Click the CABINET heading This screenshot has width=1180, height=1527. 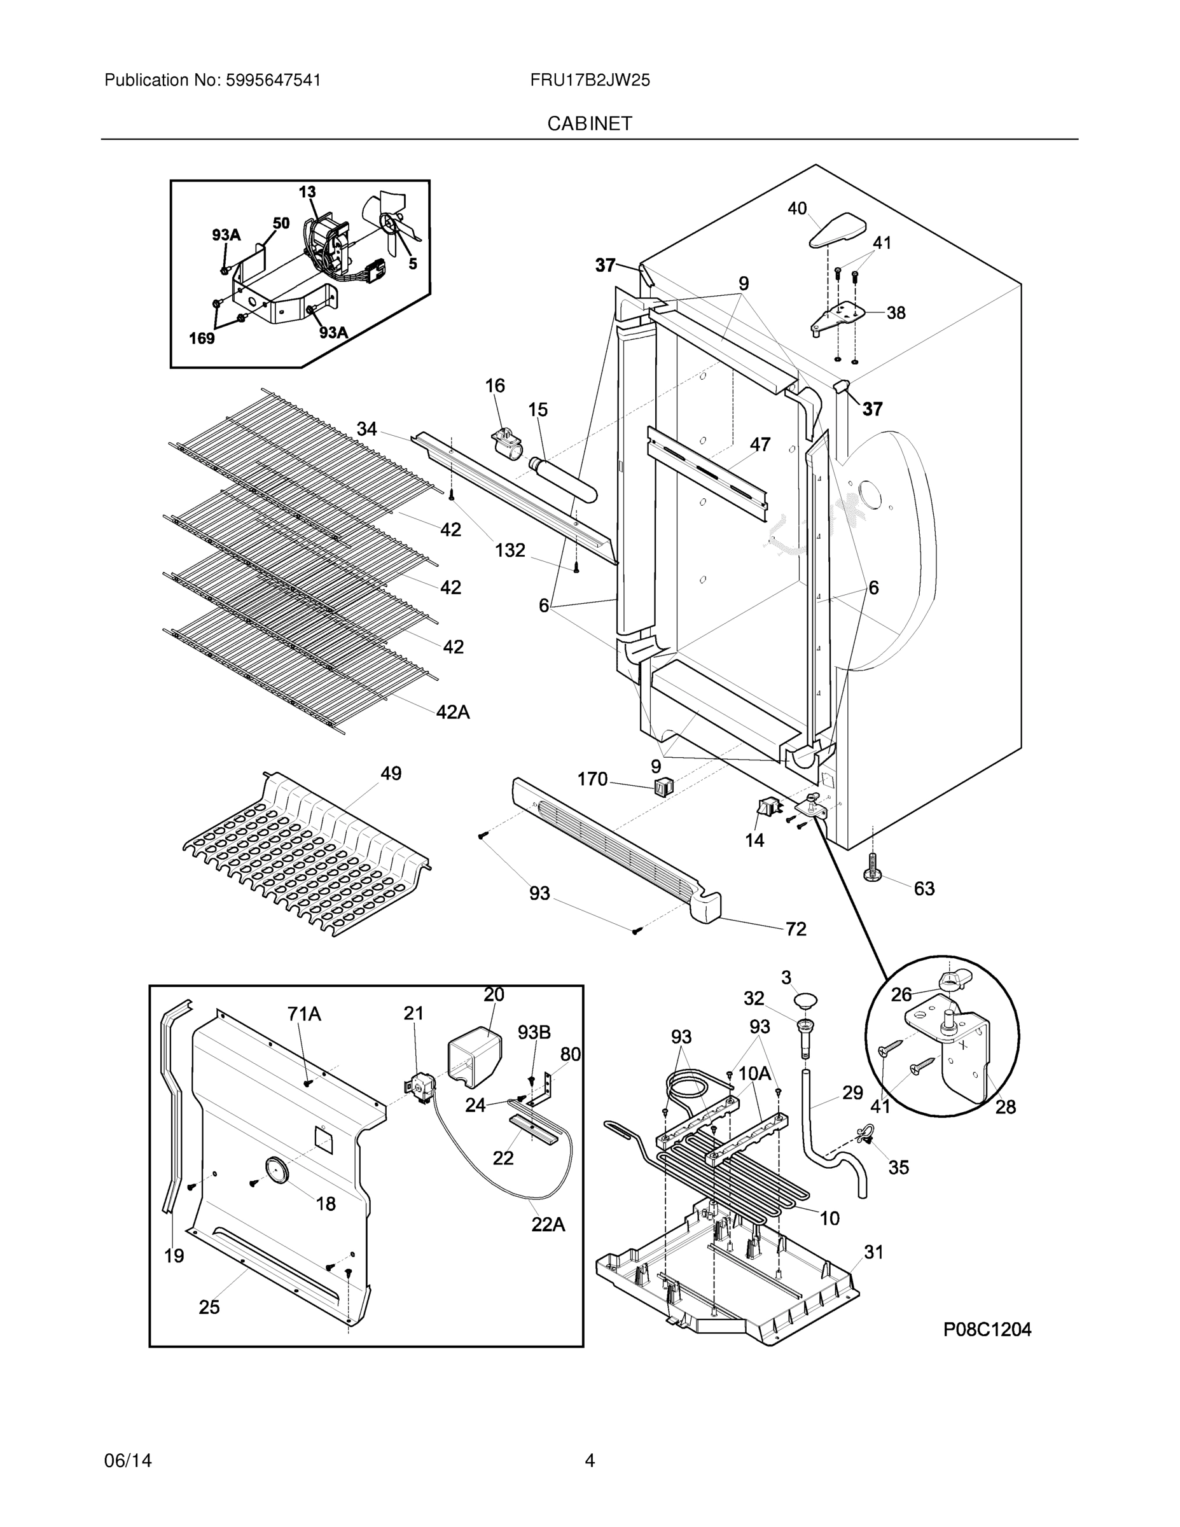click(589, 124)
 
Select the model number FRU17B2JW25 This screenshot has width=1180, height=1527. click(589, 80)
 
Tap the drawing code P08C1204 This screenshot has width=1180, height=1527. click(987, 1329)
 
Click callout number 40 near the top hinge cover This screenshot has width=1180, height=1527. click(797, 208)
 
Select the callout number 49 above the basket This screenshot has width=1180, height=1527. click(391, 774)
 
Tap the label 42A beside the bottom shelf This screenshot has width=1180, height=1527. click(453, 712)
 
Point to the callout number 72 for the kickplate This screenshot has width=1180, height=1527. click(796, 928)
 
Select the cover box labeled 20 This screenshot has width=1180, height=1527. click(474, 1058)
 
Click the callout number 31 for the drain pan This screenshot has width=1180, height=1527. click(874, 1252)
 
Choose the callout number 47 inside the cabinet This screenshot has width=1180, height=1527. click(760, 445)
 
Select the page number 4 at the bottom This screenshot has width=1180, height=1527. click(589, 1461)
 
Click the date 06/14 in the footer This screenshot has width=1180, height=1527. click(128, 1461)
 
